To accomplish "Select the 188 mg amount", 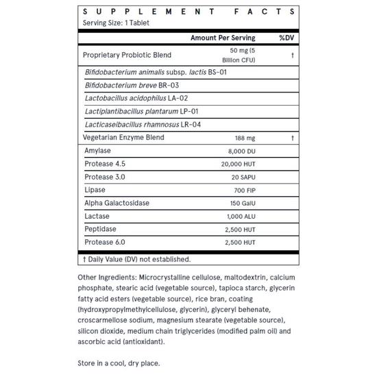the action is pyautogui.click(x=245, y=137).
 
